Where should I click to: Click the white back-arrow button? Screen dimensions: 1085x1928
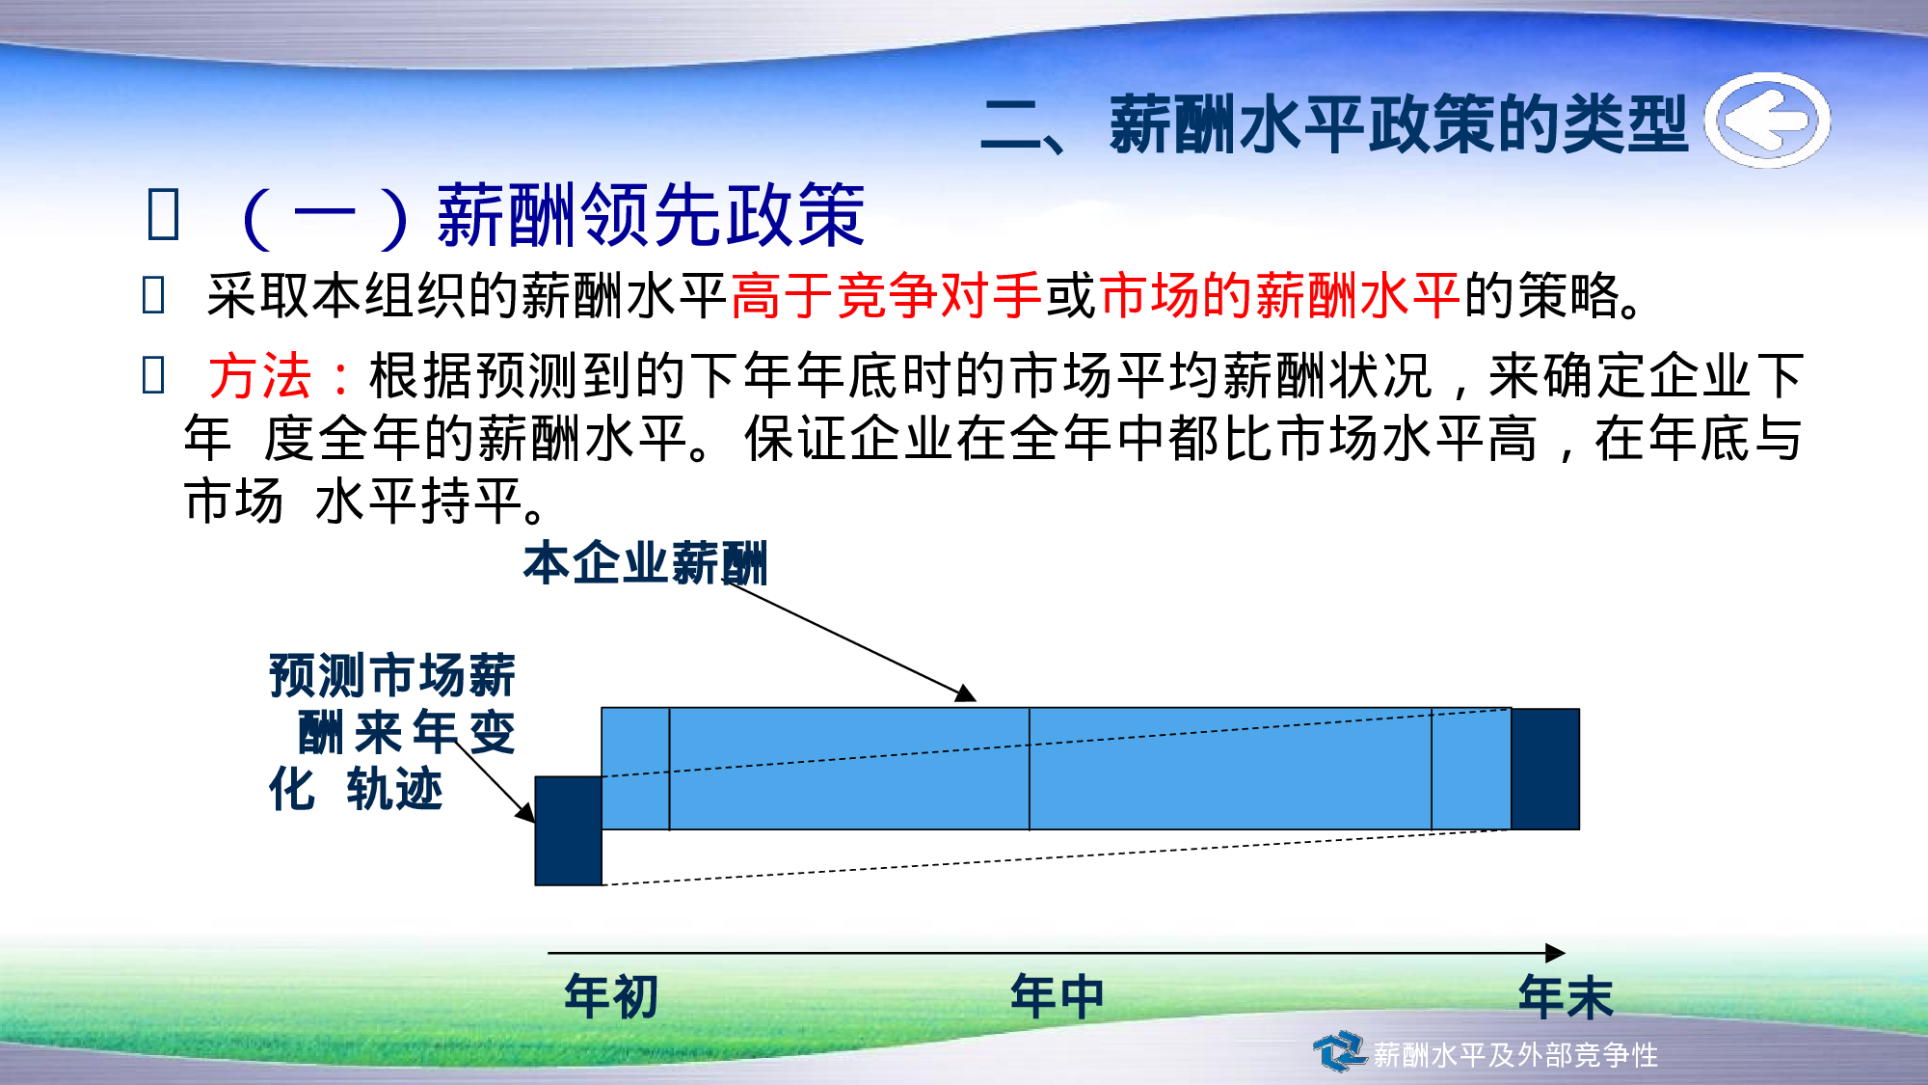tap(1766, 121)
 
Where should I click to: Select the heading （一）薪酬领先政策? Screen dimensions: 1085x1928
tap(554, 216)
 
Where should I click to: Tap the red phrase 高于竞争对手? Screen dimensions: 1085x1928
tap(885, 295)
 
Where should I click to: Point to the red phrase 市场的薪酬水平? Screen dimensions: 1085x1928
tap(1278, 295)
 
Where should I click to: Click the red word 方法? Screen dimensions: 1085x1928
tap(260, 375)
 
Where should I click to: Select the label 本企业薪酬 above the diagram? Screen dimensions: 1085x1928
tap(645, 563)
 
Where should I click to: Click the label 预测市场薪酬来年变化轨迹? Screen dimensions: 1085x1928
tap(391, 731)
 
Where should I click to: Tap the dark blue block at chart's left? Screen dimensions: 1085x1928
tap(568, 830)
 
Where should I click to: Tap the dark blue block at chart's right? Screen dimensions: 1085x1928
tap(1544, 769)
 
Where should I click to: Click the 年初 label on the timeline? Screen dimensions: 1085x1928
tap(611, 996)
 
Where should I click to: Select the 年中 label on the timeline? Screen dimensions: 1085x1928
tap(1057, 996)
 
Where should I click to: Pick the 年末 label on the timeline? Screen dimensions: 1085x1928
tap(1565, 996)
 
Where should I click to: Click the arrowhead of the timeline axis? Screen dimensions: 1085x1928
tap(1555, 953)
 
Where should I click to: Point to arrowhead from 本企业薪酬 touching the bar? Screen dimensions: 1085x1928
tap(966, 694)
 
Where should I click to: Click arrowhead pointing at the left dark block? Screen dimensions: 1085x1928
tap(526, 813)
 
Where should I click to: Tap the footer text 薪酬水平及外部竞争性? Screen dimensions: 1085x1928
tap(1514, 1055)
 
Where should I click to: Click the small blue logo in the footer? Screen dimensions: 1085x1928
tap(1339, 1051)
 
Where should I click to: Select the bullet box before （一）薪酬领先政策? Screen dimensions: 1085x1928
tap(163, 214)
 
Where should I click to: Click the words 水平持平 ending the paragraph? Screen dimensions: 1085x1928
tap(418, 502)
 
